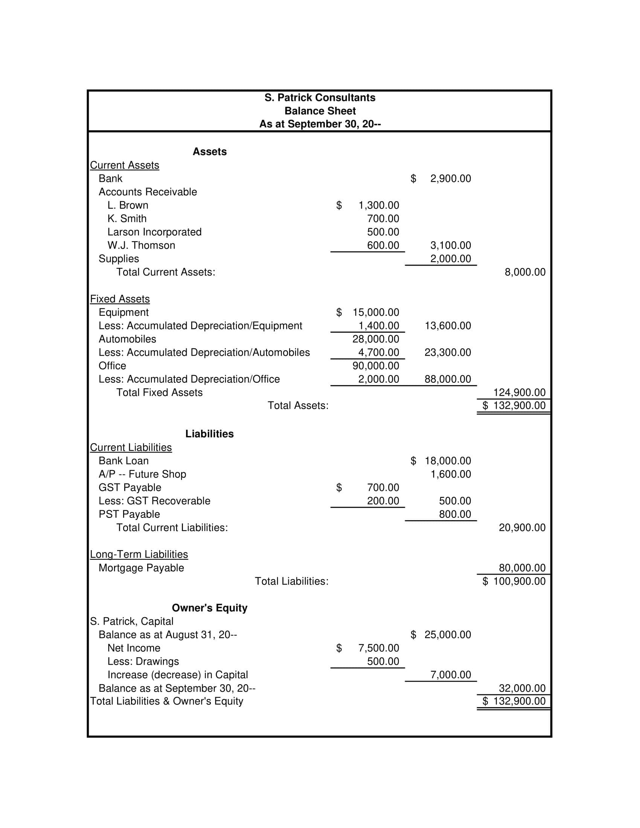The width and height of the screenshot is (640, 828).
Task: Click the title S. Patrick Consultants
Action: (x=320, y=98)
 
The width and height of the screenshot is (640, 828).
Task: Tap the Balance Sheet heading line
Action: (x=320, y=111)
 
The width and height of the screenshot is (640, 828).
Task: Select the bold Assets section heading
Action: (x=209, y=152)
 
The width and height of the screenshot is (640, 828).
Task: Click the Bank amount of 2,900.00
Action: (x=450, y=178)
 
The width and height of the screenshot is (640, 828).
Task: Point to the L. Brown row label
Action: (x=128, y=205)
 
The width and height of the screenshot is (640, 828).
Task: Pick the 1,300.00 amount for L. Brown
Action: (x=378, y=205)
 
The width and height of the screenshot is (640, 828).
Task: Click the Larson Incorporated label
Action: (x=154, y=232)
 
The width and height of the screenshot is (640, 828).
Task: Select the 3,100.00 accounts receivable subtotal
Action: (x=450, y=245)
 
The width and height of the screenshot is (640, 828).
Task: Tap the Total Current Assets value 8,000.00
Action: (x=525, y=272)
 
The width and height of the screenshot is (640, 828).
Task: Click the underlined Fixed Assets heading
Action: (x=120, y=299)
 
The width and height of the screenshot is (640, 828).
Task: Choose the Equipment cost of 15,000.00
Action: (x=375, y=312)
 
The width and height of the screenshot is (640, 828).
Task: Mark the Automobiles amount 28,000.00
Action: (x=375, y=339)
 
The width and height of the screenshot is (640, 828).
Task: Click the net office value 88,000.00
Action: (x=447, y=379)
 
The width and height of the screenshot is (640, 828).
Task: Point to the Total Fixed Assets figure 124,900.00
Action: (x=519, y=393)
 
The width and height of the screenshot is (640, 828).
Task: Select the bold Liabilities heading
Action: (x=209, y=434)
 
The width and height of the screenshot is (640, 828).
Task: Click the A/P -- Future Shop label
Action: (x=142, y=474)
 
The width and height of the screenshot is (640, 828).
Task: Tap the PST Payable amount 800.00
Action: (x=455, y=514)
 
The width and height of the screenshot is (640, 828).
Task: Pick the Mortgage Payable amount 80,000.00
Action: (x=522, y=568)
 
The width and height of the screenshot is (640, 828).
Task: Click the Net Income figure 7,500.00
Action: (x=378, y=648)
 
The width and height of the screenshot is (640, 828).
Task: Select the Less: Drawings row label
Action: (x=143, y=661)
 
